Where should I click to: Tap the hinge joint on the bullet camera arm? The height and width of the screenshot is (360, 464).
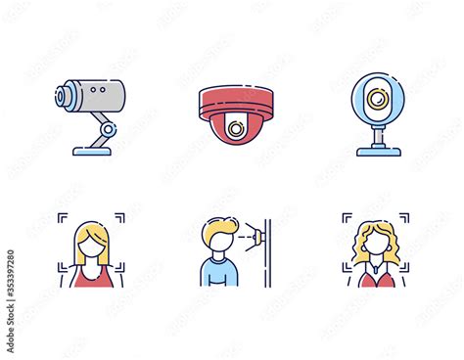pos(106,128)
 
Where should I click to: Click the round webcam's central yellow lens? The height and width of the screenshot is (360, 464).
pos(375,101)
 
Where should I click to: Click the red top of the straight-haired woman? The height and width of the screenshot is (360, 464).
pos(91,277)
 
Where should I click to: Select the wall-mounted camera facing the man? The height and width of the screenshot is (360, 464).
pos(255,235)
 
